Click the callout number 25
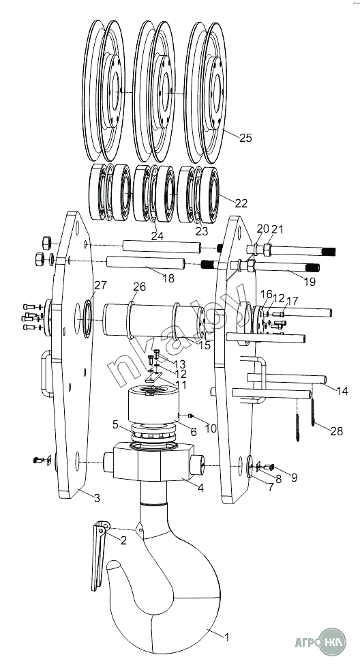(x=245, y=138)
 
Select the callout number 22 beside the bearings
(x=241, y=203)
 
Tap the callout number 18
(x=168, y=278)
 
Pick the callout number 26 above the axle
(x=140, y=287)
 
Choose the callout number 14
(x=342, y=390)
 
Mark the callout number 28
(x=337, y=432)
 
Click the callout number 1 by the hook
(x=227, y=637)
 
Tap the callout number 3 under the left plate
(x=97, y=498)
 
